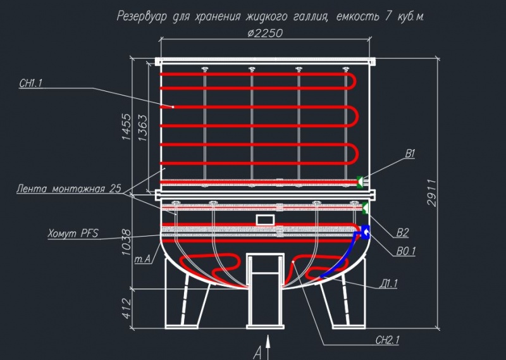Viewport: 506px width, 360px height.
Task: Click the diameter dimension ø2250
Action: pyautogui.click(x=265, y=33)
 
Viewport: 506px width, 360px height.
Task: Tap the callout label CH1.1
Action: pyautogui.click(x=31, y=84)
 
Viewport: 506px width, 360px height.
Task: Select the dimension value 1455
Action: pyautogui.click(x=126, y=127)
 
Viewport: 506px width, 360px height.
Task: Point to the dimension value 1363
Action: pyautogui.click(x=142, y=128)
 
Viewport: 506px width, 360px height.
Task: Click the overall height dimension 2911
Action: pyautogui.click(x=432, y=193)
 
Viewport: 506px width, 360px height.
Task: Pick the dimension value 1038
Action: pyautogui.click(x=126, y=242)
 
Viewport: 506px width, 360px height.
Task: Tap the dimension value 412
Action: pyautogui.click(x=127, y=308)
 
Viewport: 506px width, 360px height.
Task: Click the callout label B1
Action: pyautogui.click(x=410, y=154)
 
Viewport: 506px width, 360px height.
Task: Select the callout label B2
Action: pyautogui.click(x=402, y=232)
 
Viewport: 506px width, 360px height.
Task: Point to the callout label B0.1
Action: pyautogui.click(x=406, y=251)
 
